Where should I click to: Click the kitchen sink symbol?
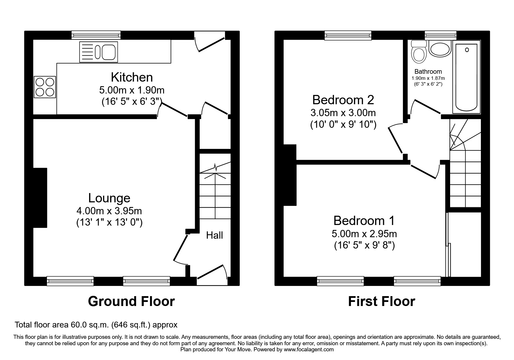pos(99,52)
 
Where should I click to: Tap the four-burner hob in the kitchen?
pos(45,87)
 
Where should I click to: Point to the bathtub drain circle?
pos(467,50)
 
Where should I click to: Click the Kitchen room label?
pos(132,78)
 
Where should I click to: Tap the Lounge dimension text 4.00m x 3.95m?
pos(109,210)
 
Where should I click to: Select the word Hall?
pos(214,235)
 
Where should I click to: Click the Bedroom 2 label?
pos(343,100)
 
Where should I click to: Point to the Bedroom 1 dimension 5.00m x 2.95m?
pos(364,233)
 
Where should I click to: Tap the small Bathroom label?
pos(428,71)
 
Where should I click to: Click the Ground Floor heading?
pos(131,301)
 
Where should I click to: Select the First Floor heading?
pos(381,301)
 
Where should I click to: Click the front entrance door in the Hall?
pos(211,273)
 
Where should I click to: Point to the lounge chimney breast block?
pos(40,198)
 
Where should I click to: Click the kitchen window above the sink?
pos(96,35)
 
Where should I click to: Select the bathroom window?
pos(440,35)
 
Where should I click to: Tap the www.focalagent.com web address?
pos(309,350)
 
